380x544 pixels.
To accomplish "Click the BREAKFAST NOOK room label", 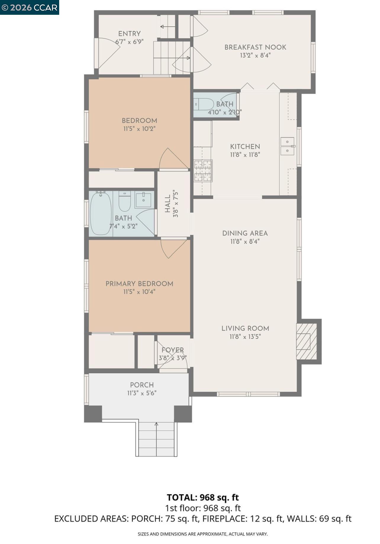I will tap(255, 47).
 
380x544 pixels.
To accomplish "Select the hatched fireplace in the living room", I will tap(307, 341).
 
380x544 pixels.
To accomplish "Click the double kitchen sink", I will tap(287, 146).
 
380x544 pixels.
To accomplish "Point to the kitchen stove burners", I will tap(203, 170).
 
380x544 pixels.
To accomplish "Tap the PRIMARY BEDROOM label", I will tap(139, 284).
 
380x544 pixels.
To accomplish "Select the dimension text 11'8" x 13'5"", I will tap(245, 337).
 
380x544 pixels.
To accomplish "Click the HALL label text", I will tap(168, 204).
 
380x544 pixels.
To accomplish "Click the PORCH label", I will tap(142, 385).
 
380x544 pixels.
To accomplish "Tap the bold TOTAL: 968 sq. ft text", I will tap(203, 497).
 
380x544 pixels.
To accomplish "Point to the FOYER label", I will tap(173, 350).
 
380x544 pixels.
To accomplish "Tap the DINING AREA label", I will tap(245, 233).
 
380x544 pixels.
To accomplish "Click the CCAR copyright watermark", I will tap(29, 7).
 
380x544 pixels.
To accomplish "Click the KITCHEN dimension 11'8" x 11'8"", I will tap(245, 154).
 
